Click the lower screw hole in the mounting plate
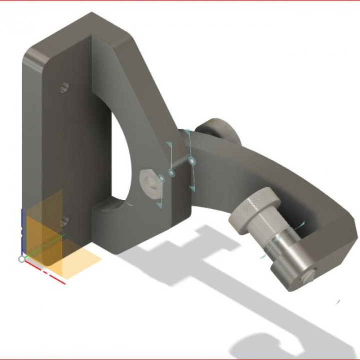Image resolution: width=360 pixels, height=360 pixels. (x=63, y=219)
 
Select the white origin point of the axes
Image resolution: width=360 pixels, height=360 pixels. (x=21, y=259)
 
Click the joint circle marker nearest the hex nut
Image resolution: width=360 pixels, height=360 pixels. (x=161, y=178)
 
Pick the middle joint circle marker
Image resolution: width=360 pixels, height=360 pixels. (x=171, y=172)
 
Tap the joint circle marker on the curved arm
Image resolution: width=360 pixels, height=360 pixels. (x=191, y=161)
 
